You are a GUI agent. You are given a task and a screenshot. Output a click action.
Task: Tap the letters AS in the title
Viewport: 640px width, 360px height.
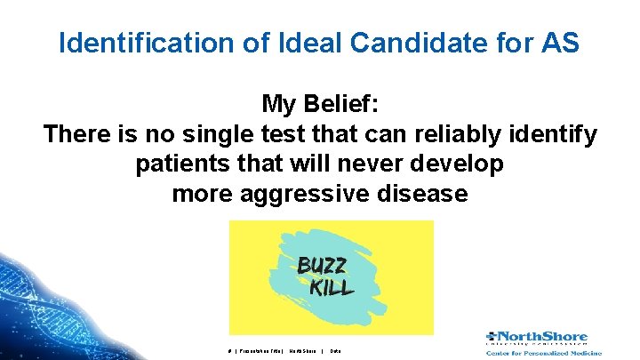pos(559,43)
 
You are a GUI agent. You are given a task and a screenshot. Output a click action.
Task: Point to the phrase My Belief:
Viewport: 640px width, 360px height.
pos(320,105)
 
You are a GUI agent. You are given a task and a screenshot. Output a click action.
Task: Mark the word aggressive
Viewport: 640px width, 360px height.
pos(306,194)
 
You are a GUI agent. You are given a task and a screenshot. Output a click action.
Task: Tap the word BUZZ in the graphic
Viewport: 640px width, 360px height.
pos(322,266)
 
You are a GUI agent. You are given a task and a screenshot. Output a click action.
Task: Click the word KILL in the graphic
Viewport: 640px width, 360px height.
pos(332,287)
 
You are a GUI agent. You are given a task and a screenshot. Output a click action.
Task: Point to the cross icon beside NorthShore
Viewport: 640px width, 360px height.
pos(492,337)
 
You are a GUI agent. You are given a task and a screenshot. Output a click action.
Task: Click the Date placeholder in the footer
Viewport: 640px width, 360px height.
pos(335,351)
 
